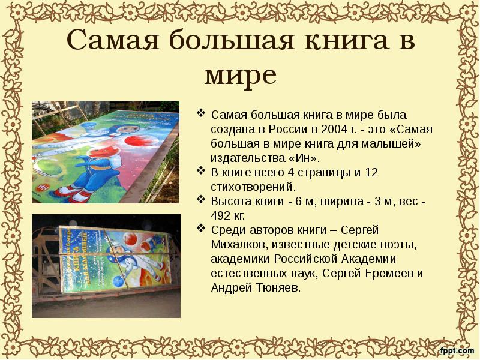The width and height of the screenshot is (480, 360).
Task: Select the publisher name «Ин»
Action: click(x=304, y=158)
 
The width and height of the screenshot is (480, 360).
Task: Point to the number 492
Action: click(x=223, y=215)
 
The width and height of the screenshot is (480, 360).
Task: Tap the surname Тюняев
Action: click(x=273, y=287)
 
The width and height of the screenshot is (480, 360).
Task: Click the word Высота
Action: click(x=230, y=201)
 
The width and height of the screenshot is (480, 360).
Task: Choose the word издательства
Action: click(x=247, y=158)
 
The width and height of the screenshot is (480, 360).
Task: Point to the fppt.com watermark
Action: click(x=457, y=350)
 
